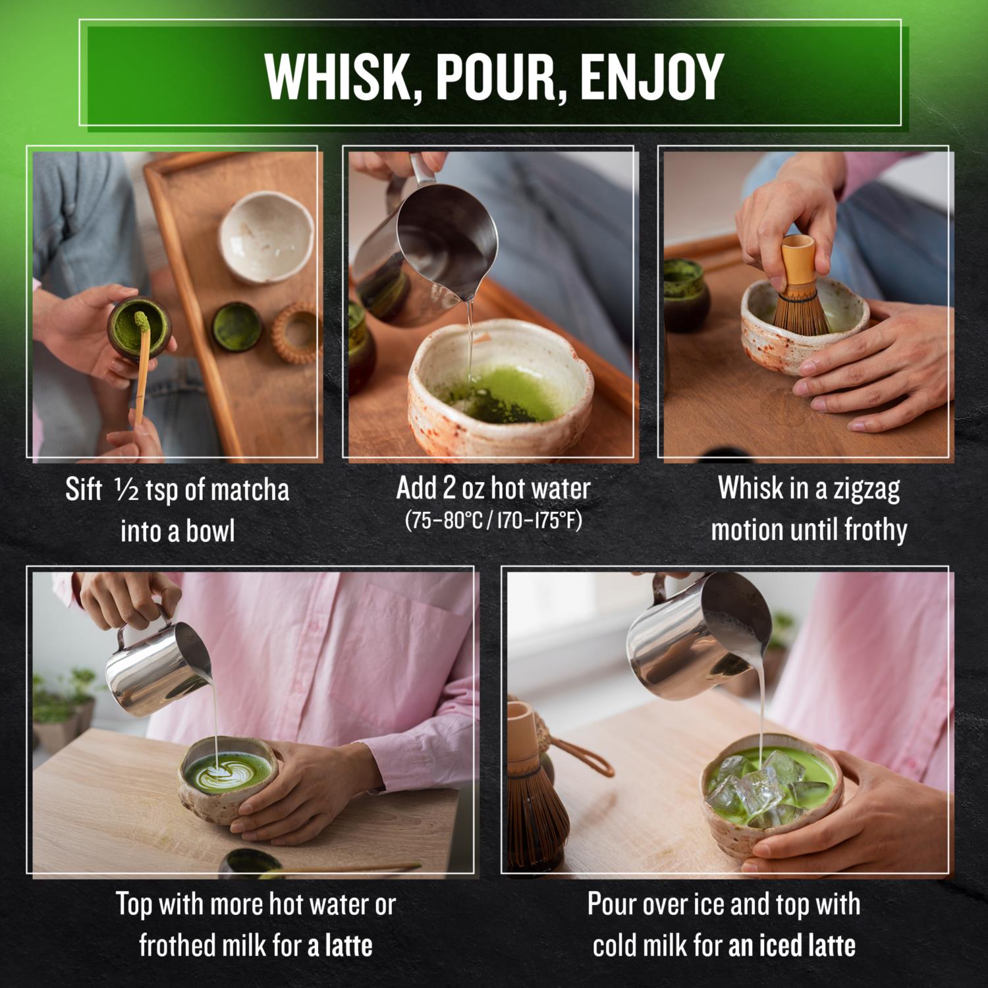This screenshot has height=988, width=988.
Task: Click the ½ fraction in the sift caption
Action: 126,490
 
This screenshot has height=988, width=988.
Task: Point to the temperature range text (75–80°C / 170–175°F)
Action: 494,520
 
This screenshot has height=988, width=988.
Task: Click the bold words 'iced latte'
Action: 807,946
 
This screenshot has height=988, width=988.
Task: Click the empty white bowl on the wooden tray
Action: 266,236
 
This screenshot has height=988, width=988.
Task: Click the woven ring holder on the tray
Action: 296,333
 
